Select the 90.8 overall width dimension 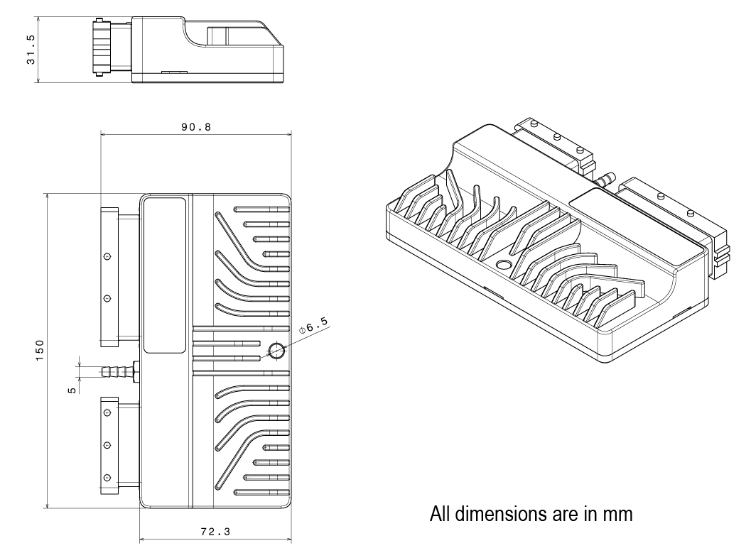[x=195, y=126]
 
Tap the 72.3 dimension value [x=215, y=532]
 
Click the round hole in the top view [x=276, y=350]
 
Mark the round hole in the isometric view [x=504, y=265]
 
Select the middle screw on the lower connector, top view [x=107, y=444]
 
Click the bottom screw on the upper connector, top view [x=107, y=298]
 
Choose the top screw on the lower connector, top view [x=107, y=412]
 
